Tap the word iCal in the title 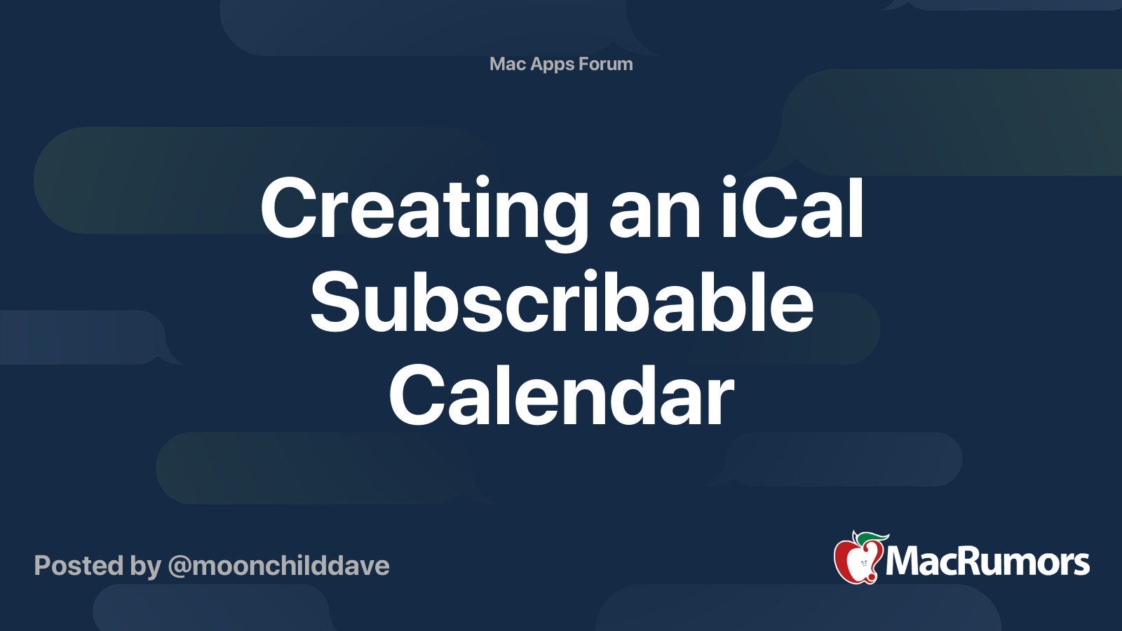click(x=792, y=208)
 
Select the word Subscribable click(x=562, y=304)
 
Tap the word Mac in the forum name click(x=508, y=64)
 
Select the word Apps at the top click(x=553, y=65)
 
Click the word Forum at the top click(x=606, y=64)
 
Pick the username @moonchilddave click(x=278, y=566)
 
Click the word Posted click(x=79, y=566)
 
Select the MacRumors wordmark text click(x=987, y=562)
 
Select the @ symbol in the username click(x=179, y=566)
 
